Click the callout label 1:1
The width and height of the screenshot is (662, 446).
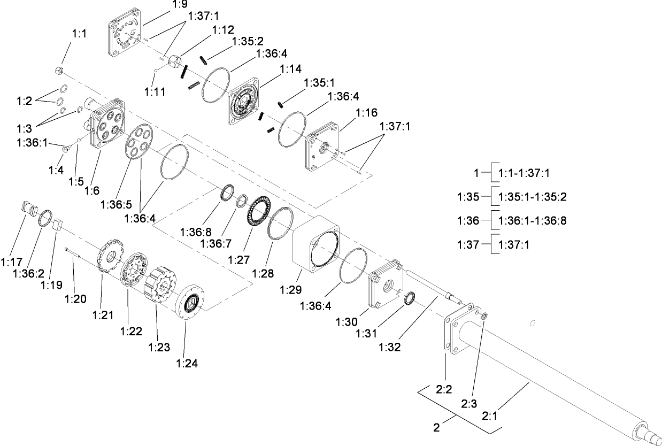click(x=79, y=33)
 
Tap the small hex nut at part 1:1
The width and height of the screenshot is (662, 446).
click(x=60, y=71)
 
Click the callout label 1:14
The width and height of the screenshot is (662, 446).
click(x=291, y=69)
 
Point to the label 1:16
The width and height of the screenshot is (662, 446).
click(x=367, y=112)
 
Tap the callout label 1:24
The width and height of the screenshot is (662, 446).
click(x=187, y=364)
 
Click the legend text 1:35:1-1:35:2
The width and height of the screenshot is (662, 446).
click(x=532, y=196)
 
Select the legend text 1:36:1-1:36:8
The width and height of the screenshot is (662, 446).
click(x=532, y=220)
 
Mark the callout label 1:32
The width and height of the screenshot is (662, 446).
click(x=390, y=347)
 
